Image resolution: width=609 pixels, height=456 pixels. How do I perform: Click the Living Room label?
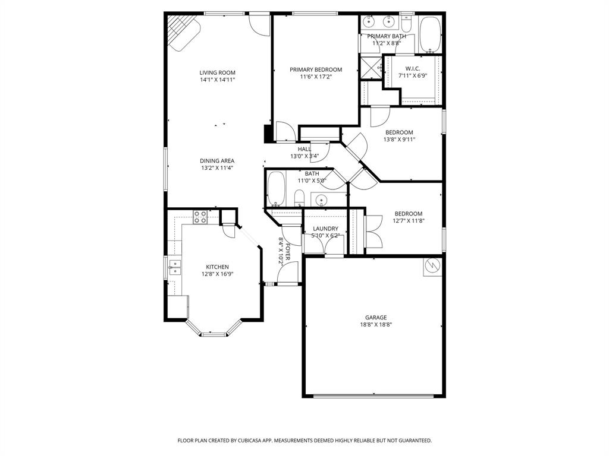[217, 73]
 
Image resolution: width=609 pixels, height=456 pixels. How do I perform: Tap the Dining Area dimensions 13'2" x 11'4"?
[217, 168]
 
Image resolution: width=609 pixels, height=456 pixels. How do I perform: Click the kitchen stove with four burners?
[200, 217]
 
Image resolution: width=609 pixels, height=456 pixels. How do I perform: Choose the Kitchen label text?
[217, 267]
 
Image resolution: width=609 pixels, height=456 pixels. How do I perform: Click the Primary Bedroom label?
[316, 69]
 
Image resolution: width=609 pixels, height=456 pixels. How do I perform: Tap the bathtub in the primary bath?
[429, 34]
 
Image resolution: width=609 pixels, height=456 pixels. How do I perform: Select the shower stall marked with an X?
[371, 66]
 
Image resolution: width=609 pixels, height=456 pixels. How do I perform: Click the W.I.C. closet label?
[413, 68]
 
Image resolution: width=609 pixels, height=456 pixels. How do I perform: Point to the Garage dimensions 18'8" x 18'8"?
[376, 325]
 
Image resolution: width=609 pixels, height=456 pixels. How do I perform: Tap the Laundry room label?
[325, 229]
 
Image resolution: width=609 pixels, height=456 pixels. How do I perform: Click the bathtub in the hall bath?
[275, 189]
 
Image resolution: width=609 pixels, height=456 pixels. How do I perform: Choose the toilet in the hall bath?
[299, 197]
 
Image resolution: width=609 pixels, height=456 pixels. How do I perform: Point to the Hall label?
[304, 149]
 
